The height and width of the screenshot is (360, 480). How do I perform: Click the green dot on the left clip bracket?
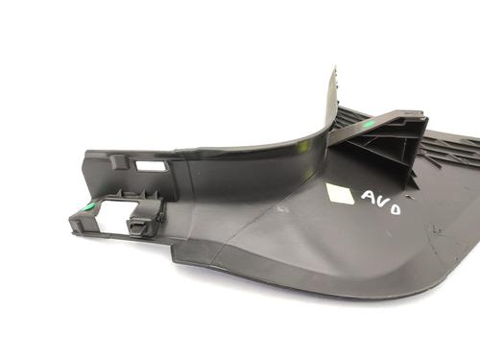coord(89,207)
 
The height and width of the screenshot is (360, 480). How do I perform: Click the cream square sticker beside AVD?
coord(340,194)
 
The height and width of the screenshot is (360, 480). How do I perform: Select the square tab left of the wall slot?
coord(119,161)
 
